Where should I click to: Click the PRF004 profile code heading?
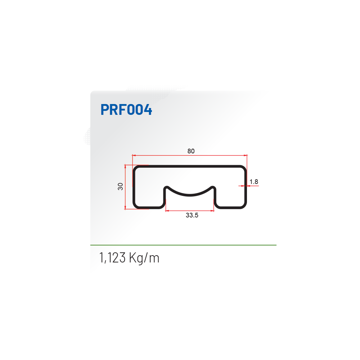[x=126, y=109]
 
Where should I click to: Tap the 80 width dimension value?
[x=191, y=151]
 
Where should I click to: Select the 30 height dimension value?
[x=120, y=186]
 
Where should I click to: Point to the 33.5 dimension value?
[x=192, y=215]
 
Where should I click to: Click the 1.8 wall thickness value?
[x=254, y=182]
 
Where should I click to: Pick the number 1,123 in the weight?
[x=112, y=258]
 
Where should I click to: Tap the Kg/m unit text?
[x=144, y=258]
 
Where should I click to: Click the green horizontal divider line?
[x=183, y=245]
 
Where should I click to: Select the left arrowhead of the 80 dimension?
[x=134, y=156]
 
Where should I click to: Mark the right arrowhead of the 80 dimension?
[x=246, y=156]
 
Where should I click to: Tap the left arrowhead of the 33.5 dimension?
[x=167, y=211]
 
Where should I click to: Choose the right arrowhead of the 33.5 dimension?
[x=212, y=211]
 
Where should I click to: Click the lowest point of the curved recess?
[x=190, y=195]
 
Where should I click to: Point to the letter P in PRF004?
[x=105, y=109]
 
